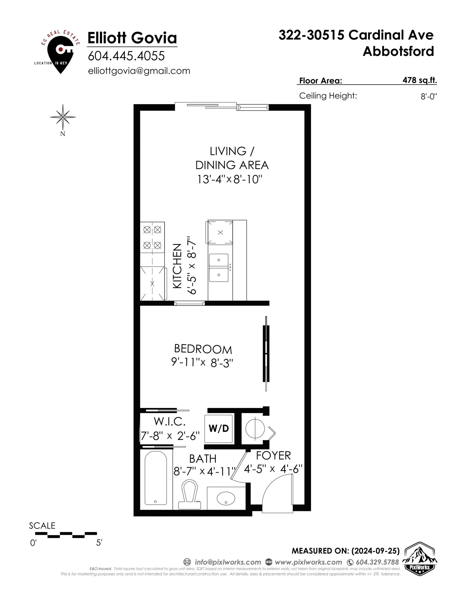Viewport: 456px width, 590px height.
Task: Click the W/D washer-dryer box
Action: point(218,429)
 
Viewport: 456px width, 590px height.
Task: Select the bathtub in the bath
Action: point(156,478)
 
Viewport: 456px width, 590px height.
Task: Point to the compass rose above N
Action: point(63,117)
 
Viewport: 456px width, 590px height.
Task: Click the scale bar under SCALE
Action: point(66,535)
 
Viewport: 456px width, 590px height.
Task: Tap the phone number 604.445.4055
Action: point(126,56)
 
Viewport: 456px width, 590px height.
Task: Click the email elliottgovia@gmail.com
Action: point(139,71)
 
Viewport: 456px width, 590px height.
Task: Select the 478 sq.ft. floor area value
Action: point(419,80)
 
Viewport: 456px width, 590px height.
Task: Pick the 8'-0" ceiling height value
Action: point(428,96)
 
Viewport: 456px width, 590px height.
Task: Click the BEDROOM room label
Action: point(203,349)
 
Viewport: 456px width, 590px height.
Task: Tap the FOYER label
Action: point(273,456)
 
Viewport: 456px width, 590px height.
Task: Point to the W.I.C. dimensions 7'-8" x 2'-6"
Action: point(170,436)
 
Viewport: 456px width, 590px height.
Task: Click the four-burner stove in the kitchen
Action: point(152,237)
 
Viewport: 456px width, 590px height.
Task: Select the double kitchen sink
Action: point(219,267)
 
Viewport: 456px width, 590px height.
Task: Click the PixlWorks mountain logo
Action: point(419,558)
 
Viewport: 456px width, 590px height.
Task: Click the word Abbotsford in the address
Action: point(398,51)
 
